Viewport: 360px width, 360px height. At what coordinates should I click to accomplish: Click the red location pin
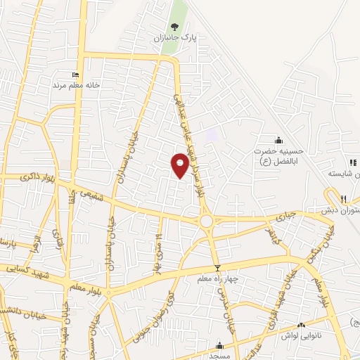coord(180,164)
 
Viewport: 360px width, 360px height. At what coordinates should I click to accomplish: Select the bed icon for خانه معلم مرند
coord(75,75)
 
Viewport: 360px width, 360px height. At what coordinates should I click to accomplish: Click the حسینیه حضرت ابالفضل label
coord(280,154)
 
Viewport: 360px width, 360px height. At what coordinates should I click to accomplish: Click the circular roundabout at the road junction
coord(207,221)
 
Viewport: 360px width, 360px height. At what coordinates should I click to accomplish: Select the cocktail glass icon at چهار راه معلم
coord(217,267)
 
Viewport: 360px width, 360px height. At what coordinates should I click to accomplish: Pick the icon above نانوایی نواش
coord(301,326)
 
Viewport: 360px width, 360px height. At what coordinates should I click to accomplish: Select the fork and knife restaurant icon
coord(344,199)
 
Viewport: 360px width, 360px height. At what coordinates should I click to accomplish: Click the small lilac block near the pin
coord(212,134)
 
